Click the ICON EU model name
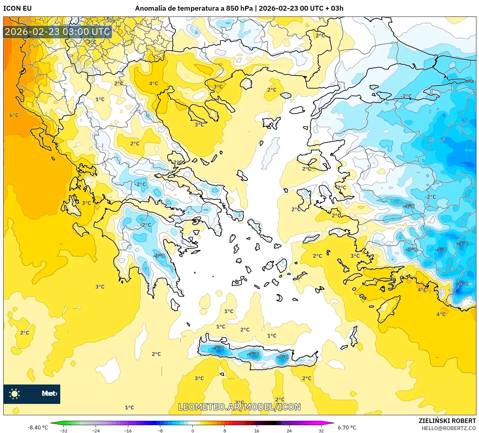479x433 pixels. [x=17, y=8]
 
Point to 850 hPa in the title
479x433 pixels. [x=239, y=8]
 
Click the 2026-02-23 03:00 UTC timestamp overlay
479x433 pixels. [x=57, y=32]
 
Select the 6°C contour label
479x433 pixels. [x=14, y=115]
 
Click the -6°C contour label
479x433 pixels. [x=462, y=284]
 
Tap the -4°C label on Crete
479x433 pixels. [x=282, y=357]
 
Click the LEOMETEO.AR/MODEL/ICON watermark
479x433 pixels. [x=239, y=407]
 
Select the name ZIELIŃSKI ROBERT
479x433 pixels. [x=447, y=421]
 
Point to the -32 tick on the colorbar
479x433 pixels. [x=63, y=430]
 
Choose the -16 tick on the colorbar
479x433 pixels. [x=128, y=430]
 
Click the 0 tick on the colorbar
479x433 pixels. [x=192, y=430]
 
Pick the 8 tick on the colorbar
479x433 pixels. [x=224, y=430]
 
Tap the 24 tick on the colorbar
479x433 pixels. [x=289, y=430]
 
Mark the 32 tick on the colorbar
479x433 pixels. [x=321, y=430]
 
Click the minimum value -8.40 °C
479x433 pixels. [x=38, y=428]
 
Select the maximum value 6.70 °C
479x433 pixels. [x=347, y=428]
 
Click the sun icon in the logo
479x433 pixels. [x=15, y=394]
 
